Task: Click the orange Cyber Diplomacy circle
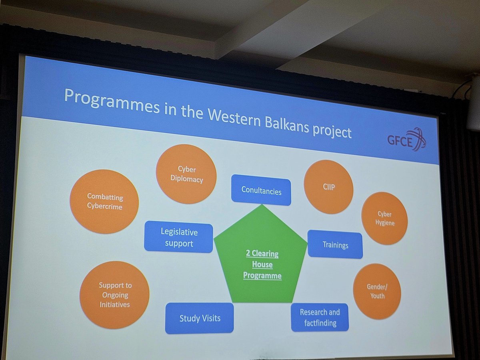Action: [x=186, y=174]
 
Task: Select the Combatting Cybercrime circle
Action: [x=104, y=201]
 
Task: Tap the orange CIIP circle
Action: [x=328, y=186]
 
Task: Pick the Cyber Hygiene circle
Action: [x=384, y=218]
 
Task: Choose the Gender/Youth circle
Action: [x=377, y=291]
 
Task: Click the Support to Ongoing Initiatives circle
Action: [x=114, y=295]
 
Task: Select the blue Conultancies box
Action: [x=261, y=190]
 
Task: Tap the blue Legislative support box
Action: [x=178, y=237]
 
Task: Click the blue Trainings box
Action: [x=335, y=244]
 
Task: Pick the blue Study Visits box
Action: [x=200, y=318]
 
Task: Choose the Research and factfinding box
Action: [x=320, y=317]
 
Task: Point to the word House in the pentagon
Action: [x=262, y=265]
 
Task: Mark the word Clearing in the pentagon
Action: [x=265, y=254]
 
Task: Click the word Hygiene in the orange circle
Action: [x=384, y=223]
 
